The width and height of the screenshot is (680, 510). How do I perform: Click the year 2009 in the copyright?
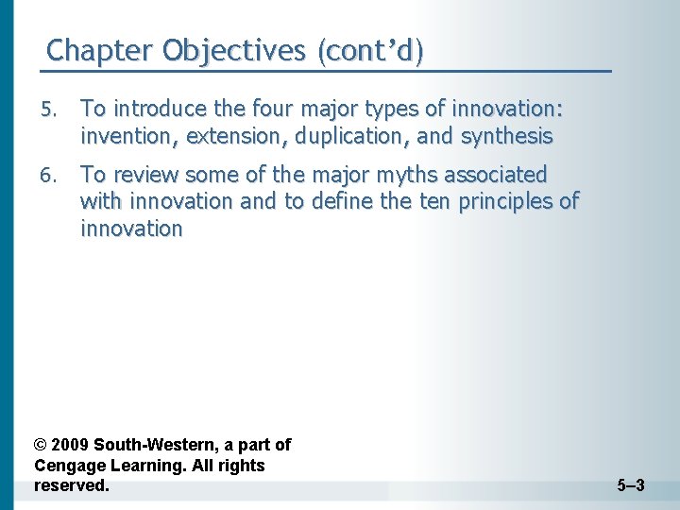[x=72, y=445]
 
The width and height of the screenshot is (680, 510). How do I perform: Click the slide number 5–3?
[x=630, y=486]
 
